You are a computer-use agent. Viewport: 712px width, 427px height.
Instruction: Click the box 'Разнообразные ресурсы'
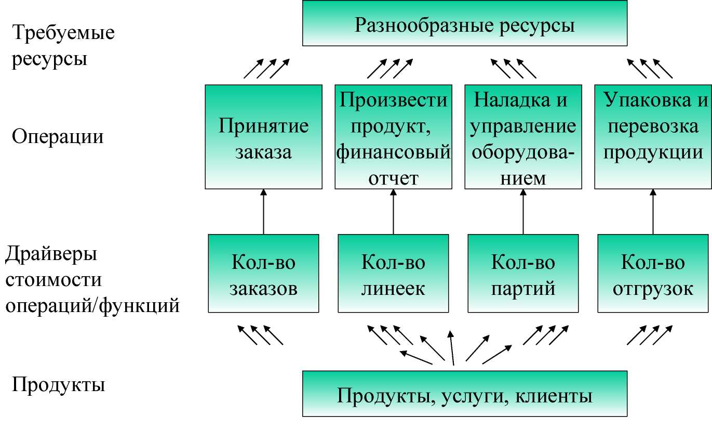pyautogui.click(x=465, y=23)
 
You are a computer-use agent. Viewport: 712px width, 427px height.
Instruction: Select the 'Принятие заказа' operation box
pyautogui.click(x=263, y=137)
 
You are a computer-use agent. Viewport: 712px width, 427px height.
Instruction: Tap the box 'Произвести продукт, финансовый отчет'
pyautogui.click(x=394, y=137)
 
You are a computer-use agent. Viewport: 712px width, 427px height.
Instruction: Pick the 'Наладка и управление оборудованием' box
pyautogui.click(x=523, y=137)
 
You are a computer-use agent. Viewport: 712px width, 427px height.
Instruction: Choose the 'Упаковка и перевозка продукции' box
pyautogui.click(x=653, y=137)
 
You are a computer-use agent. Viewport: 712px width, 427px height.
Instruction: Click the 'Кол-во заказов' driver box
pyautogui.click(x=263, y=274)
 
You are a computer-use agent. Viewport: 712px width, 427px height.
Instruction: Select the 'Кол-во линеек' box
pyautogui.click(x=394, y=274)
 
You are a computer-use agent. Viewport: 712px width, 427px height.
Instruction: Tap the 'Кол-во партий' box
pyautogui.click(x=523, y=274)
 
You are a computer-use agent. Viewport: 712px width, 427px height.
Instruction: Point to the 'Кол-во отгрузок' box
pyautogui.click(x=653, y=274)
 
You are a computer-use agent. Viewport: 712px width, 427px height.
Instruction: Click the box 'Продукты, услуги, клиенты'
pyautogui.click(x=465, y=394)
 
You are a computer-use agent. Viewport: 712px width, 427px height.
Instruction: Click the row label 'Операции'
pyautogui.click(x=58, y=137)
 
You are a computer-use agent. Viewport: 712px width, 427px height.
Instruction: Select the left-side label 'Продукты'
pyautogui.click(x=59, y=385)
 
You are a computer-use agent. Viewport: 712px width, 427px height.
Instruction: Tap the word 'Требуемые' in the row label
pyautogui.click(x=63, y=32)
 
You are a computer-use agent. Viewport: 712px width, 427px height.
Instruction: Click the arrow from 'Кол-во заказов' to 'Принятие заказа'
pyautogui.click(x=263, y=212)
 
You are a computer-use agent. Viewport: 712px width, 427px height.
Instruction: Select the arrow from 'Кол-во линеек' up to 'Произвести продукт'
pyautogui.click(x=394, y=212)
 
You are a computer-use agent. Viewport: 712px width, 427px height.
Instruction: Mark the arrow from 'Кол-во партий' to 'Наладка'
pyautogui.click(x=523, y=212)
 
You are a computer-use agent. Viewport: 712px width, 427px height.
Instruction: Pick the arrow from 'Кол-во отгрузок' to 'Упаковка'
pyautogui.click(x=653, y=212)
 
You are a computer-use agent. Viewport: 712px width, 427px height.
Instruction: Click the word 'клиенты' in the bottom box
pyautogui.click(x=554, y=396)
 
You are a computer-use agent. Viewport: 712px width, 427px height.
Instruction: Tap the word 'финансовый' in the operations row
pyautogui.click(x=394, y=152)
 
